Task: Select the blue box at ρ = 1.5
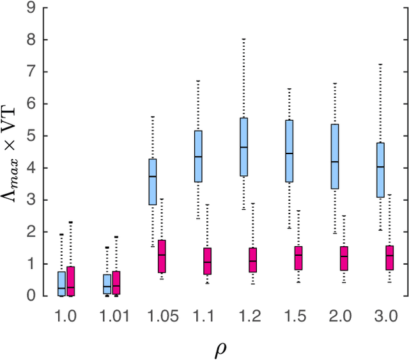pos(289,151)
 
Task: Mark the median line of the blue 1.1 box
pos(198,157)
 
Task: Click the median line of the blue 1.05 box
pos(152,176)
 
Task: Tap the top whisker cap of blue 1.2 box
pos(243,39)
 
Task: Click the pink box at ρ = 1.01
pos(116,283)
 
